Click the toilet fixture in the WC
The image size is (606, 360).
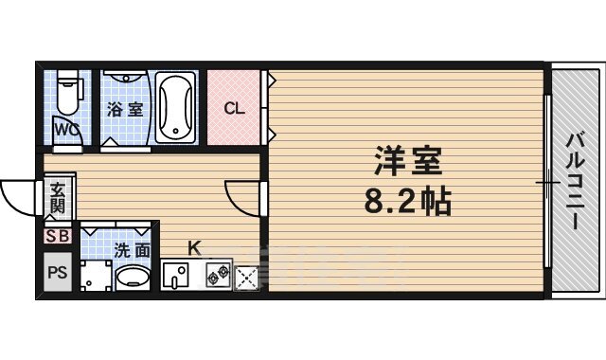pos(68,95)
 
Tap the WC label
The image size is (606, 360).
pos(65,129)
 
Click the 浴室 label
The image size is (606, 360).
pos(125,109)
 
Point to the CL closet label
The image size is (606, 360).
pos(233,108)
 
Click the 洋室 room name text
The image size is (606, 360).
pos(405,164)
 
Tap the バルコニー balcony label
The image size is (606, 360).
pos(574,181)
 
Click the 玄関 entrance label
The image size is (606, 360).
pos(59,197)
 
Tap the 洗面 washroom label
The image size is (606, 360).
pos(132,251)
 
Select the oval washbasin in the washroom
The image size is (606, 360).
pos(133,278)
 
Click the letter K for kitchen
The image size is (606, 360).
pos(193,248)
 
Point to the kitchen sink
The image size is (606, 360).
pos(176,277)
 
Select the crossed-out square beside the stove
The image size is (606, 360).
pos(246,277)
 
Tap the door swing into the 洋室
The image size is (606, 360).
pos(242,197)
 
